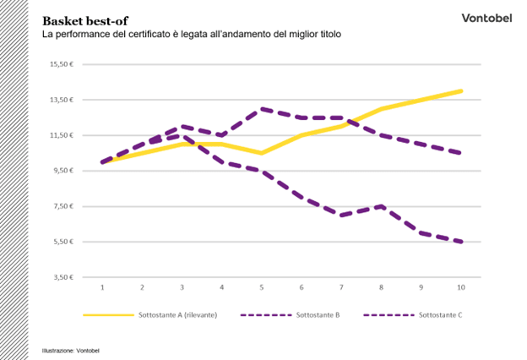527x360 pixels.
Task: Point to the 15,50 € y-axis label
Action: pos(62,64)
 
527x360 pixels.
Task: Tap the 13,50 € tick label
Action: pos(62,100)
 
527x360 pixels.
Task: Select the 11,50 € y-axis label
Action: pos(62,135)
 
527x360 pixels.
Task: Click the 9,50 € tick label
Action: pos(63,171)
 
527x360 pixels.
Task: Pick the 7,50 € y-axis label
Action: pos(63,206)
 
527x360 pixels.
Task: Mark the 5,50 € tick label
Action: pos(63,242)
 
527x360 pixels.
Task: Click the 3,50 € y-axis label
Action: pos(63,277)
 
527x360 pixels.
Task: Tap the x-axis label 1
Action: pos(102,288)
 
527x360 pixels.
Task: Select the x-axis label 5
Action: pos(262,288)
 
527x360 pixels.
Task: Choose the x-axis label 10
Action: pos(461,288)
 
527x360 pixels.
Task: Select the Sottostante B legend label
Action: pos(318,315)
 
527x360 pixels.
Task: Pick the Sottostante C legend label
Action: pos(441,315)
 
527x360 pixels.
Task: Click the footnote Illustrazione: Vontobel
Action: pos(71,350)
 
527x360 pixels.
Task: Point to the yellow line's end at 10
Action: pos(461,90)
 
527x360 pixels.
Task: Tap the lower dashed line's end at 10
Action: pos(461,242)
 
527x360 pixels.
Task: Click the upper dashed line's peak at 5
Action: pos(262,108)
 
